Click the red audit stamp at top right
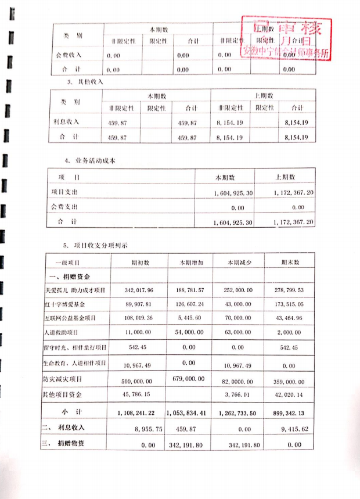(288, 38)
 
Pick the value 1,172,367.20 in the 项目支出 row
(290, 192)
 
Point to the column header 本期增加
(188, 262)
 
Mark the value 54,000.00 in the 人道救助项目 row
(188, 333)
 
